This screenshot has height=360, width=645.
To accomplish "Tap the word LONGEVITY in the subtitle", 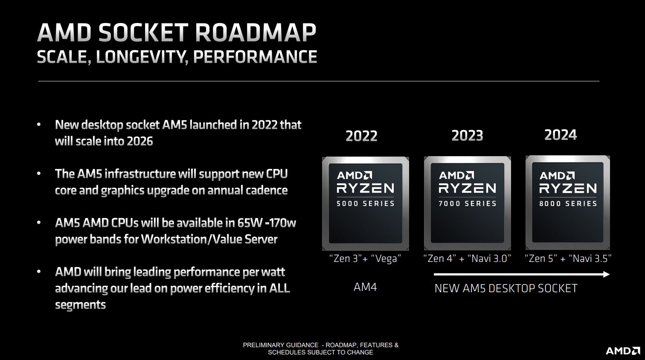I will click(142, 57).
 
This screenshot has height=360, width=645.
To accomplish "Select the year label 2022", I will click(361, 136).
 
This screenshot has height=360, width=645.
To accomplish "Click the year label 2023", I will click(467, 136).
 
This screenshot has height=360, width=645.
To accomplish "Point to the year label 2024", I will click(561, 135).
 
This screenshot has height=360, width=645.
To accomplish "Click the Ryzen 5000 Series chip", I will click(365, 203).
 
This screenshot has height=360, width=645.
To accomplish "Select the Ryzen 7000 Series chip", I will click(467, 203).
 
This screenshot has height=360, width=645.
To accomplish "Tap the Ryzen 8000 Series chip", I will click(568, 203).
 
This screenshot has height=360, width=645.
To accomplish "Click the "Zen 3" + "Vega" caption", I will click(365, 258).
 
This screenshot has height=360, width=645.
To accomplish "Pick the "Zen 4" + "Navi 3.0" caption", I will click(467, 258).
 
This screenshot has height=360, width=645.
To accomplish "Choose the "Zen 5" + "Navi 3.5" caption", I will click(568, 258).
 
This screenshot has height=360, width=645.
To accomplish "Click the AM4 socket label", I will click(365, 287).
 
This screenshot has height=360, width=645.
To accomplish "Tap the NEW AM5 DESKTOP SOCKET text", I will click(506, 288).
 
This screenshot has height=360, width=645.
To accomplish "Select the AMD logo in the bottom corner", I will click(622, 351).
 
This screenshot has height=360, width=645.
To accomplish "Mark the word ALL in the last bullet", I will click(279, 288).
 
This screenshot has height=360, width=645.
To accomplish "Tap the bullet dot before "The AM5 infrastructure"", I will click(39, 174).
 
